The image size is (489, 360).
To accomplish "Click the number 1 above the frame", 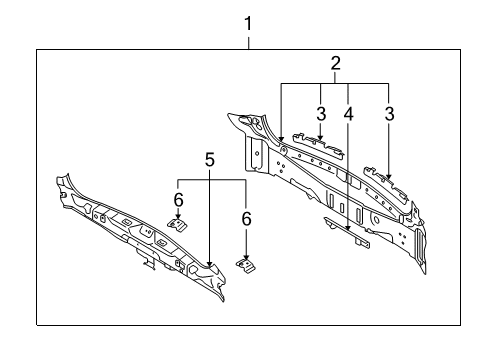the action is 248,24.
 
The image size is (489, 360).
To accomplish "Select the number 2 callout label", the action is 335,63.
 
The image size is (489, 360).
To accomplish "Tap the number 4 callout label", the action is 348,114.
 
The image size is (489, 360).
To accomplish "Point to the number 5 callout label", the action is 209,160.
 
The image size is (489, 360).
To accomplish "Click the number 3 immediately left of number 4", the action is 321,114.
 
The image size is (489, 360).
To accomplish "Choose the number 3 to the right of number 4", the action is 389,114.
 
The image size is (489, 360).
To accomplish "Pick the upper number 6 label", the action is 178,200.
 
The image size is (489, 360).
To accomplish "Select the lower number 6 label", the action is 246,219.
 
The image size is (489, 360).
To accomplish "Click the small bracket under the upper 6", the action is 177,225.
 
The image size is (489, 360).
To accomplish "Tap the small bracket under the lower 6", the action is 246,265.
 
